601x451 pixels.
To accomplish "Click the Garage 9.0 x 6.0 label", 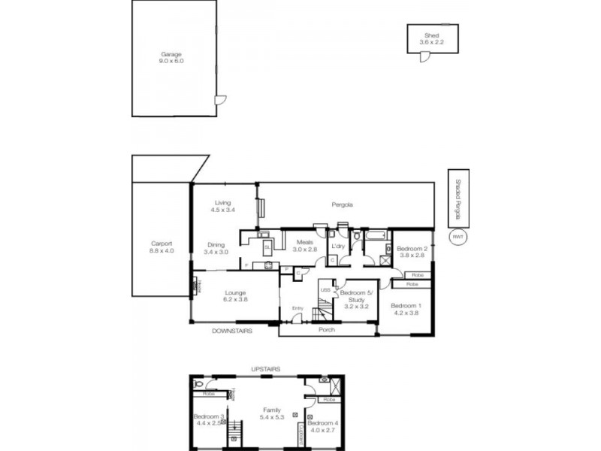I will pyautogui.click(x=171, y=57).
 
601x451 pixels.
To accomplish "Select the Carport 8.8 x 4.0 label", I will pyautogui.click(x=162, y=247).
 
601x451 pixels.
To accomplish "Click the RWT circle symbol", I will pyautogui.click(x=456, y=237).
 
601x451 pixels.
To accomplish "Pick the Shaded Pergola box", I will pyautogui.click(x=456, y=198).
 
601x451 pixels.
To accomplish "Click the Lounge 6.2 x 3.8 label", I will pyautogui.click(x=234, y=295).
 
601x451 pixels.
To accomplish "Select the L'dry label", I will pyautogui.click(x=337, y=246).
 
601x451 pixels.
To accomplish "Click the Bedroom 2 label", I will pyautogui.click(x=412, y=252).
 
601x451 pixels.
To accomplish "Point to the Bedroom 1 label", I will pyautogui.click(x=409, y=308).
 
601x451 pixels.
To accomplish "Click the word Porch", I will pyautogui.click(x=326, y=330).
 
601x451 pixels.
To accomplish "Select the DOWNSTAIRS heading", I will pyautogui.click(x=231, y=331).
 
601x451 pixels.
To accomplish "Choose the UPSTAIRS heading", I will pyautogui.click(x=266, y=369).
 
